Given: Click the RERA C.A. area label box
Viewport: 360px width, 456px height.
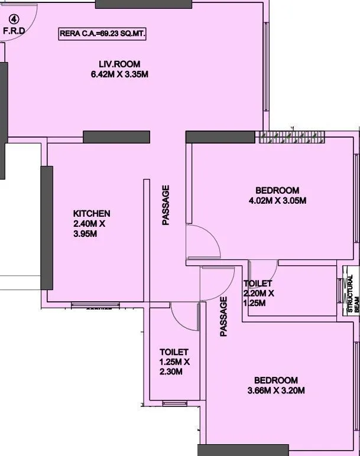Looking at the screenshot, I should click(x=102, y=34).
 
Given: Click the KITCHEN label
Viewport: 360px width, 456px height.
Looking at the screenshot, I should click(x=91, y=213).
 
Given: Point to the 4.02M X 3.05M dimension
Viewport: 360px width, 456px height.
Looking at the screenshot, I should click(x=277, y=200).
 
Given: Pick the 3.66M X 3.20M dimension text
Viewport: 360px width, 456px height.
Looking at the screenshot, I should click(x=276, y=390).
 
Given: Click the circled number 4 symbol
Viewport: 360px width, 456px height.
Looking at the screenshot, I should click(x=9, y=18).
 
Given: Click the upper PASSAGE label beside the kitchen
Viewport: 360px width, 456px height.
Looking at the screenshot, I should click(x=166, y=206).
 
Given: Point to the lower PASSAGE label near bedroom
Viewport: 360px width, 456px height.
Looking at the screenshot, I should click(x=223, y=317).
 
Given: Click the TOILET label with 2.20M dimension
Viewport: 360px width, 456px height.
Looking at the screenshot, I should click(x=258, y=284).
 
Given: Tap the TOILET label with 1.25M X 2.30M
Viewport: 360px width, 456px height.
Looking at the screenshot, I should click(x=174, y=352).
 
